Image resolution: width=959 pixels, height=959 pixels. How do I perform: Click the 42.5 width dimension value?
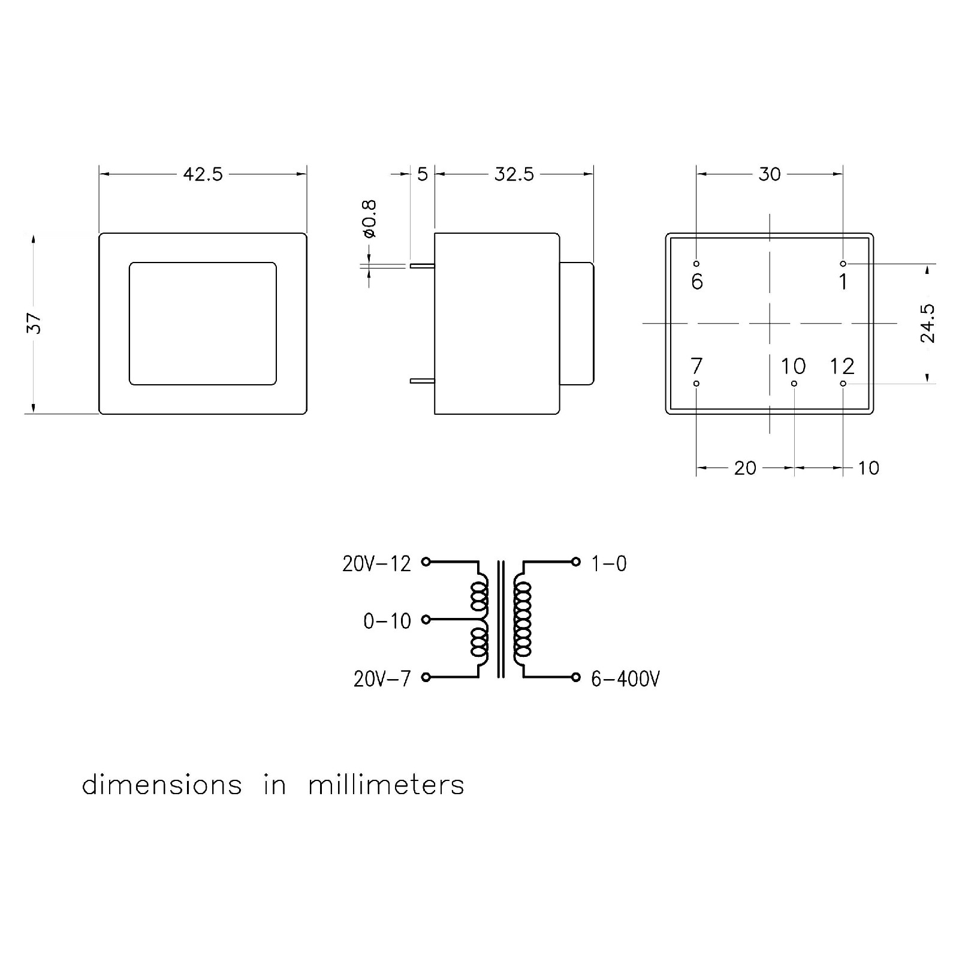pos(203,174)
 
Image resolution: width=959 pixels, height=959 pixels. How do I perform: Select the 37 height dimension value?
pos(35,323)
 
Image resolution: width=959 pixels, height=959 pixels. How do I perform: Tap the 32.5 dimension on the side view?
pos(514,174)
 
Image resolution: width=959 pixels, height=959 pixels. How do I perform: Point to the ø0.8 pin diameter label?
pos(369,219)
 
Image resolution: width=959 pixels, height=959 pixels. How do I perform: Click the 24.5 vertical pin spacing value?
pos(927,323)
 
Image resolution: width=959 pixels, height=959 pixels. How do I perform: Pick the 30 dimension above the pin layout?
pos(770,174)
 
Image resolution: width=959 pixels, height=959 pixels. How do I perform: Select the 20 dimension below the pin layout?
pos(745,468)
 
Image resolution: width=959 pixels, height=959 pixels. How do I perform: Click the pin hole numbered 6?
pos(696,264)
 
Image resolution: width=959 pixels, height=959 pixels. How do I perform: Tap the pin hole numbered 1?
pos(843,264)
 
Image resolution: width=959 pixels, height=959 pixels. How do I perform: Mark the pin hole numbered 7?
pos(696,384)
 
